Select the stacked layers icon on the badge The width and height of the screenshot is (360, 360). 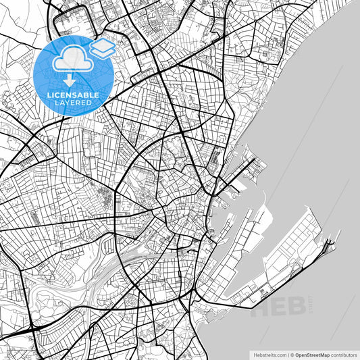[x=102, y=49]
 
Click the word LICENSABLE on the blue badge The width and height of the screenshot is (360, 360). [x=72, y=95]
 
